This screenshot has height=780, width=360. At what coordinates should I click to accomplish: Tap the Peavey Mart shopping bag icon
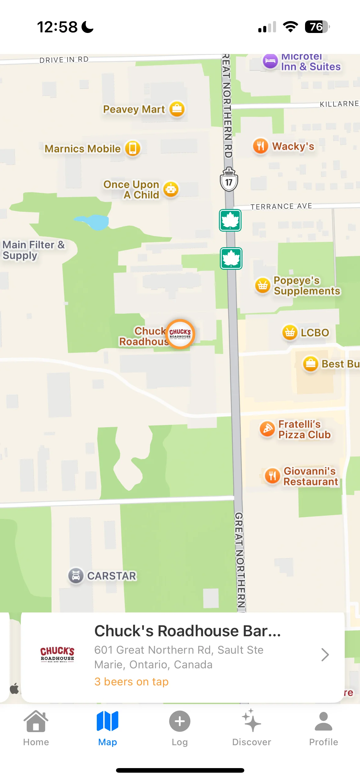click(x=177, y=109)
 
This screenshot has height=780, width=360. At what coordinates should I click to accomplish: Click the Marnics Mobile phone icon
click(x=133, y=149)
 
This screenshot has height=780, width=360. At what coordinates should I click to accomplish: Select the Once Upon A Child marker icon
click(x=171, y=189)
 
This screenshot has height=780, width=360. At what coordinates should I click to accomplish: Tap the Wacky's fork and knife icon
click(x=260, y=146)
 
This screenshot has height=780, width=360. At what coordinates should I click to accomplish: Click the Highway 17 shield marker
click(x=229, y=180)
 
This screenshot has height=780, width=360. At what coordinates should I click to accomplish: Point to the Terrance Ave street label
click(x=281, y=207)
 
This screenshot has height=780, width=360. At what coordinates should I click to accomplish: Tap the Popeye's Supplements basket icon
click(x=263, y=286)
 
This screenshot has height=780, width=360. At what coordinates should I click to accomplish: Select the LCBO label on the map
click(x=315, y=333)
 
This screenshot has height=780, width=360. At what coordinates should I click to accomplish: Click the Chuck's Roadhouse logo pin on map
click(x=180, y=334)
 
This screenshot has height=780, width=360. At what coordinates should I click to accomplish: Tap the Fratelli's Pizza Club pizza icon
click(x=267, y=429)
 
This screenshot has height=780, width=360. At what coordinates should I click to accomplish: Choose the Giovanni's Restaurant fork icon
click(x=272, y=476)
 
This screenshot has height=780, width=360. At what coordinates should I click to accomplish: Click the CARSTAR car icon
click(x=76, y=576)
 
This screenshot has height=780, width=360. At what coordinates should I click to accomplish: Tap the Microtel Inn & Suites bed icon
click(x=270, y=61)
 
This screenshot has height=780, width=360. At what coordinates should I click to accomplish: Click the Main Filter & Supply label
click(x=33, y=250)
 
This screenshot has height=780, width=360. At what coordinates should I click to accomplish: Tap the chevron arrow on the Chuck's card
click(x=325, y=655)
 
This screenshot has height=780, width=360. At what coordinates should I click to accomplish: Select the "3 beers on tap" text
click(x=131, y=682)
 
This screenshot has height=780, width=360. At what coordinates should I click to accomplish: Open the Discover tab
click(x=252, y=727)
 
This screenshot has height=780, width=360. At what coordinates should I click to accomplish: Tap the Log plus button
click(x=180, y=721)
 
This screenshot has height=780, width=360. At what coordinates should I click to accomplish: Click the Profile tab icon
click(x=323, y=722)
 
